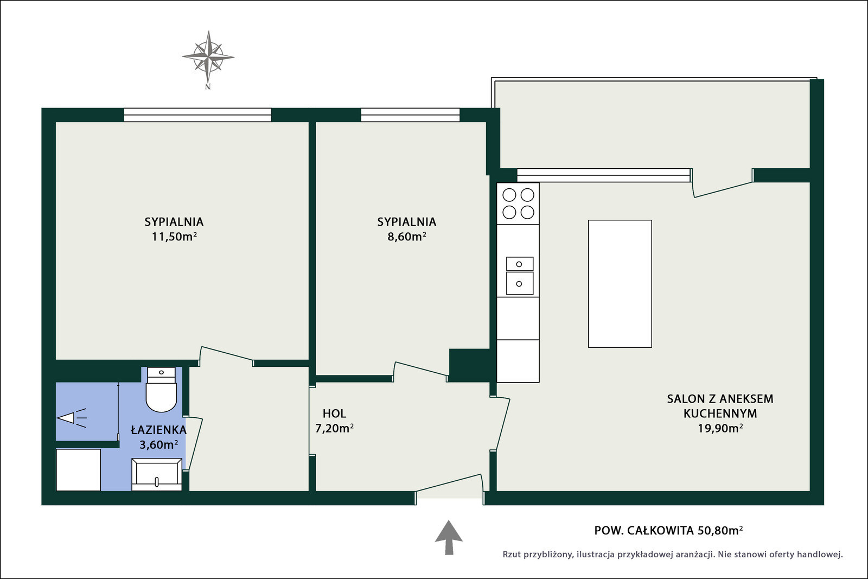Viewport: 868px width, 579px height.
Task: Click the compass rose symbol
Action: [x=208, y=57]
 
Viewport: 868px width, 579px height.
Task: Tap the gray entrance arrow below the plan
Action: [x=449, y=537]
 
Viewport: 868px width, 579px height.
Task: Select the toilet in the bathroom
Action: [x=161, y=390]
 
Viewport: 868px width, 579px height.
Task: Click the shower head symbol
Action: [x=72, y=418]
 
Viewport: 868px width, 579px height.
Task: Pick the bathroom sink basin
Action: [x=157, y=474]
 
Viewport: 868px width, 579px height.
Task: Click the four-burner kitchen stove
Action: [x=518, y=203]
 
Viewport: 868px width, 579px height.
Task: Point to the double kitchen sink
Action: [x=520, y=276]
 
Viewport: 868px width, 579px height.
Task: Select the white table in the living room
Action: [x=620, y=284]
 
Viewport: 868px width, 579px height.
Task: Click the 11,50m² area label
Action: [x=174, y=237]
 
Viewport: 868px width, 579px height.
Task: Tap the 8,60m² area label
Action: [x=407, y=237]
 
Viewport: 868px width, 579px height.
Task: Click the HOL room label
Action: [x=334, y=413]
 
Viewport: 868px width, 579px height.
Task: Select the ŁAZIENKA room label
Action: [x=158, y=429]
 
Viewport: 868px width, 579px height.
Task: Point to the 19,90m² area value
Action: [x=720, y=428]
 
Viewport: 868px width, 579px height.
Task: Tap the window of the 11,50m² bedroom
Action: [x=197, y=115]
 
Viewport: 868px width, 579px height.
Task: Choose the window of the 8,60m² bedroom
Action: [x=410, y=115]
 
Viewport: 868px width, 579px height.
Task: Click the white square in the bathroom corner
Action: [x=79, y=470]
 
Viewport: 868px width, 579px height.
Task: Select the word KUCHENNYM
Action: [x=720, y=413]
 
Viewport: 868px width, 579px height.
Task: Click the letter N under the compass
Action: [x=208, y=87]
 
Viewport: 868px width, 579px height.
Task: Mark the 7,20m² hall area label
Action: [x=334, y=428]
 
